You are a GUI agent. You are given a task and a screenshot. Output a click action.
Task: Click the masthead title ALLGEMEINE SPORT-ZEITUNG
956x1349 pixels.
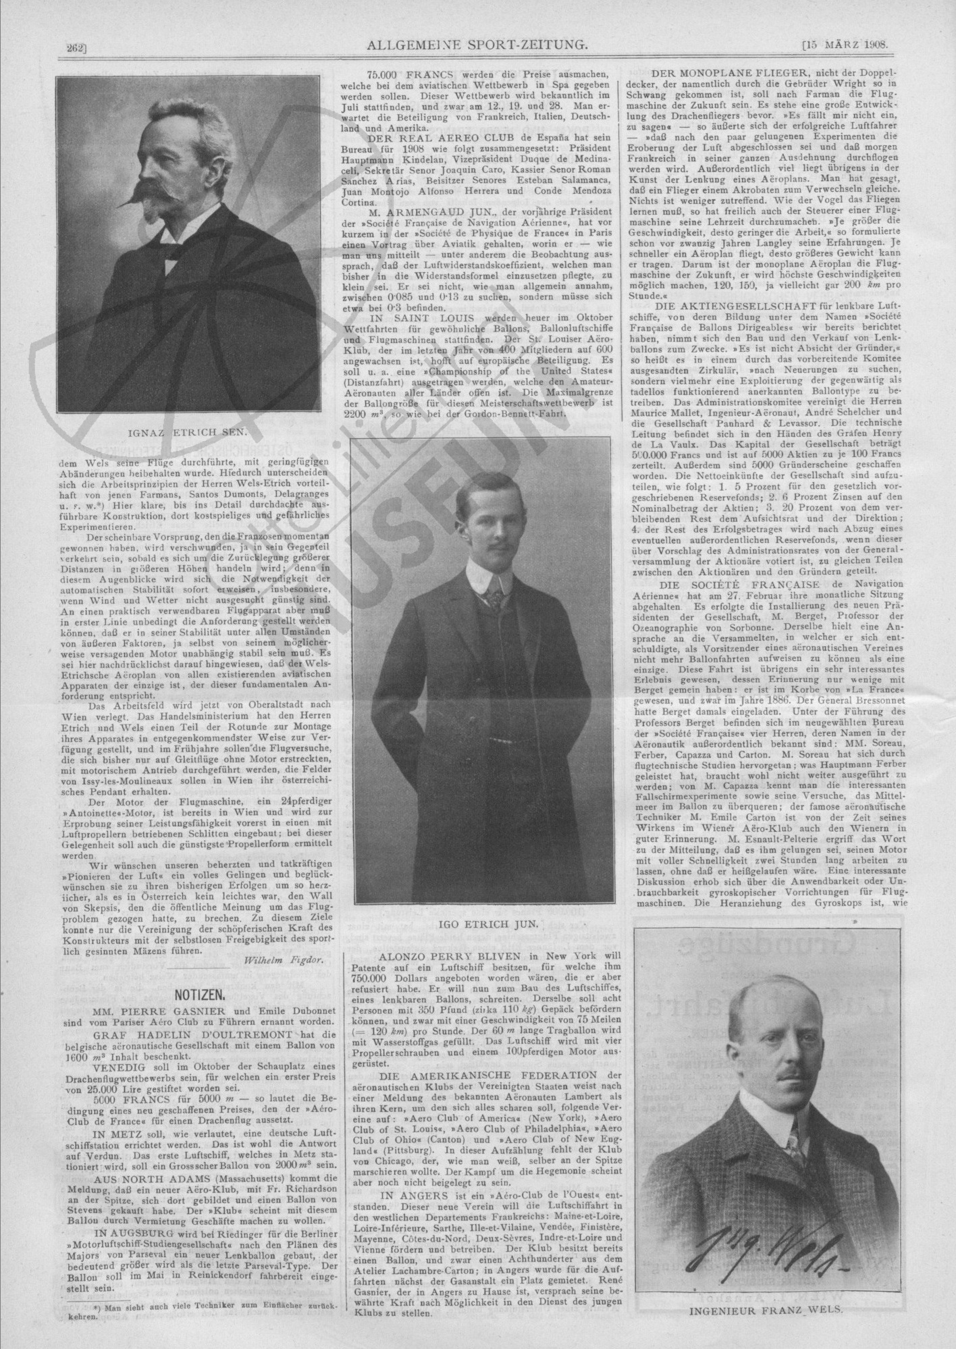click(475, 45)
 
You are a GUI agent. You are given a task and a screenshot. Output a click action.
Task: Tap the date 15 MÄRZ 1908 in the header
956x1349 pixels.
click(844, 45)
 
